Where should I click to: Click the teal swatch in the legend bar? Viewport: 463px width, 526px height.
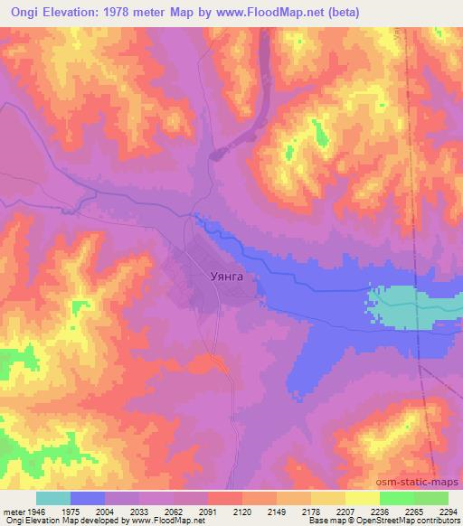(53, 498)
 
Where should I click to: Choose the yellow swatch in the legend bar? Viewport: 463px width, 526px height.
(363, 498)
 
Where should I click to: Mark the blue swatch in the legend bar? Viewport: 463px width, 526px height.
(88, 498)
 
